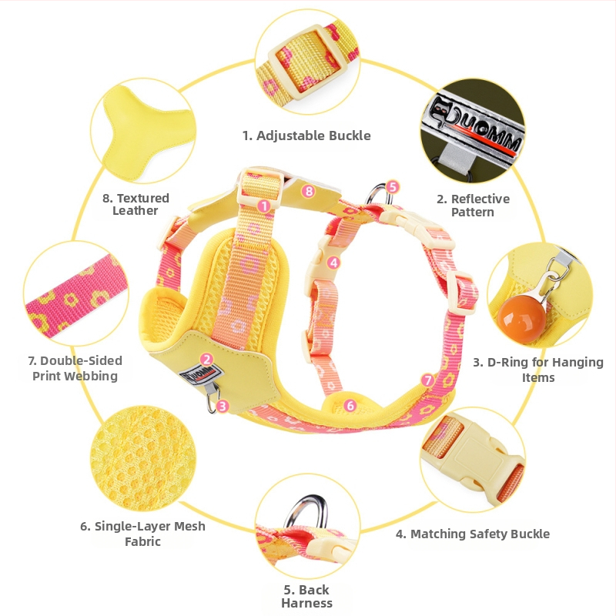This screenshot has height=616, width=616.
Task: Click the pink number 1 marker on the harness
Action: [x=264, y=206]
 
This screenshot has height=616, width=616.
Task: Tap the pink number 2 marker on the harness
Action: [x=206, y=359]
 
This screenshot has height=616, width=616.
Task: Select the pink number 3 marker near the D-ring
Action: [x=223, y=406]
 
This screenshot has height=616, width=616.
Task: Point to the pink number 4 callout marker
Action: [x=333, y=262]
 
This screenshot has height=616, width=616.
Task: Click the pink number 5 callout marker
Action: [x=393, y=186]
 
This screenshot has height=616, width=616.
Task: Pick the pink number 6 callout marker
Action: [x=350, y=406]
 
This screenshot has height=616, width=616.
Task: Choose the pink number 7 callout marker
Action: [x=427, y=380]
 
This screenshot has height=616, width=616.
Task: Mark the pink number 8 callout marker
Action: [x=309, y=191]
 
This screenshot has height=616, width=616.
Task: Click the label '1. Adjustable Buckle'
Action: [x=306, y=136]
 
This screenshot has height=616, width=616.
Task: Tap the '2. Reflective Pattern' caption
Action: [x=473, y=205]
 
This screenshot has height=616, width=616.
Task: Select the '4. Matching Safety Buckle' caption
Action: [x=473, y=534]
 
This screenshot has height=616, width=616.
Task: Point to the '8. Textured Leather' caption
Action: [x=136, y=204]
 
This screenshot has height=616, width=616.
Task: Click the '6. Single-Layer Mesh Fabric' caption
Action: [x=142, y=534]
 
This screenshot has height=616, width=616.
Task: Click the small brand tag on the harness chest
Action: [x=201, y=375]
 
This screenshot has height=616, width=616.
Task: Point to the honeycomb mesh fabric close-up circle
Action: [x=143, y=458]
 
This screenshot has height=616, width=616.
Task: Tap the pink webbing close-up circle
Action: [x=75, y=293]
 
